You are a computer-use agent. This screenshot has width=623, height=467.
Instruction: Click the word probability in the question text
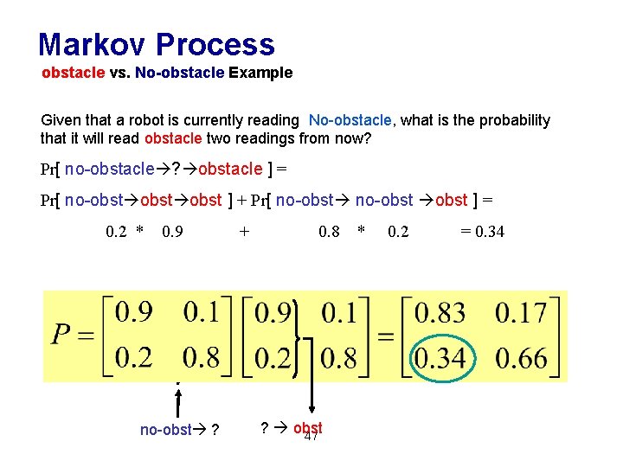(508, 120)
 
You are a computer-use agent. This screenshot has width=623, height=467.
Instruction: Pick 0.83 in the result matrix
(440, 313)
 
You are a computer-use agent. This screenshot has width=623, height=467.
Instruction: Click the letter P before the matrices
(61, 334)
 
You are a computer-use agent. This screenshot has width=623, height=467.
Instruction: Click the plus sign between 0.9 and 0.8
(245, 231)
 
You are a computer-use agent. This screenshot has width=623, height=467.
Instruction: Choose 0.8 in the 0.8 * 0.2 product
(330, 231)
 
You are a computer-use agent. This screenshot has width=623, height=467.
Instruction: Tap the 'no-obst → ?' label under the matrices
(178, 430)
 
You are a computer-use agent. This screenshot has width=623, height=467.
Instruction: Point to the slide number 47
(312, 437)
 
